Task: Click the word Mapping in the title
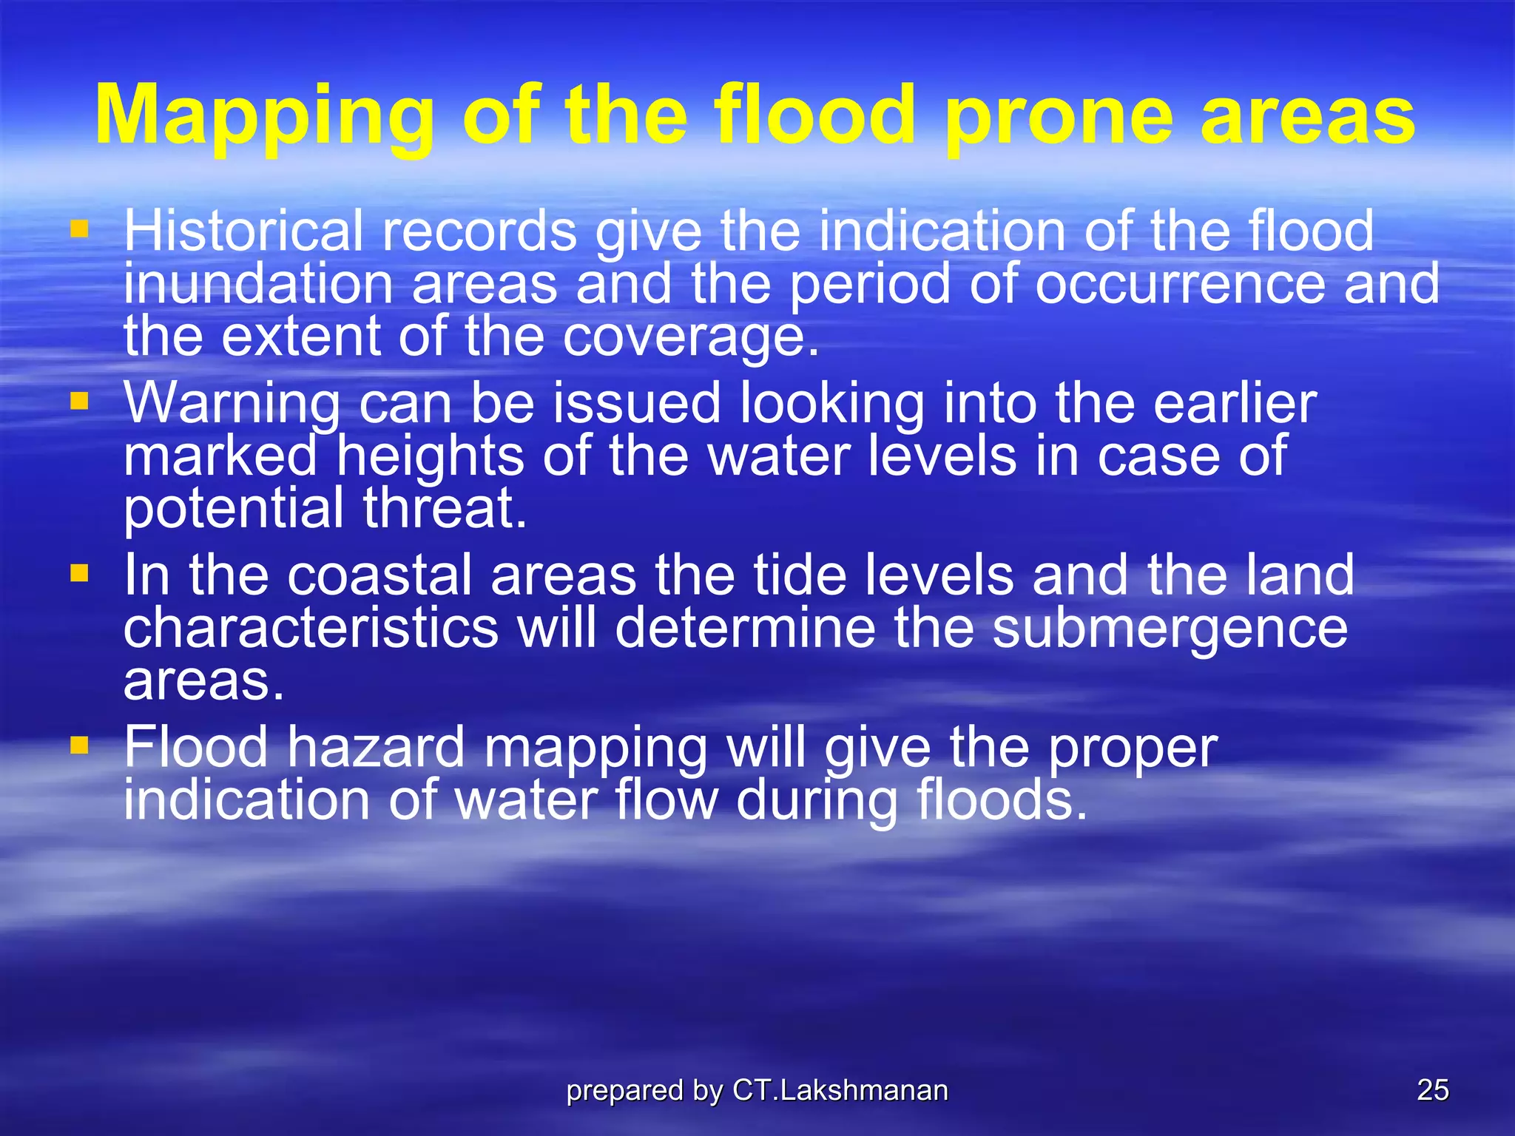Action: coord(265,117)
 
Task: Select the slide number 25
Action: coord(1432,1090)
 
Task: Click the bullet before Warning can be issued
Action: coord(79,402)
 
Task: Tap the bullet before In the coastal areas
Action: coord(79,573)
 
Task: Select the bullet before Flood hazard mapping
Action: coord(79,745)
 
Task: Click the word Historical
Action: coord(243,231)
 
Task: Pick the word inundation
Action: coord(257,285)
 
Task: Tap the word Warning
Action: coord(232,404)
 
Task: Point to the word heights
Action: coord(431,456)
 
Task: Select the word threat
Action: coord(445,509)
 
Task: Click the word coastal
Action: coord(379,575)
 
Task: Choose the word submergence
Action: coord(1170,629)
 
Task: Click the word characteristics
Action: coord(311,628)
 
